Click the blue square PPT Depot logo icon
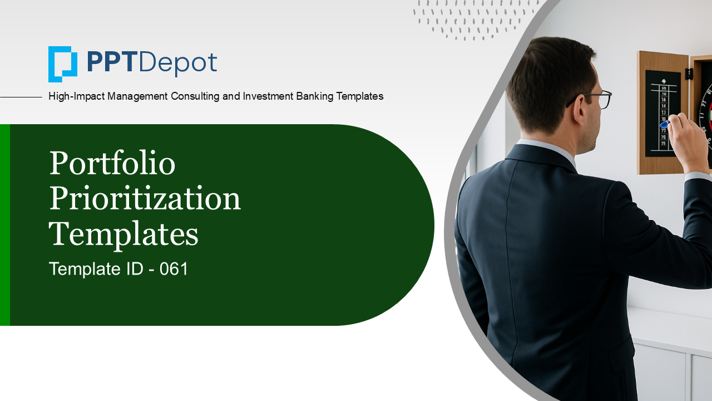click(63, 64)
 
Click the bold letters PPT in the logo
click(110, 62)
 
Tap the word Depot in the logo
click(177, 64)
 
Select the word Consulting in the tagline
click(195, 96)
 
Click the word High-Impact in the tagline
click(76, 96)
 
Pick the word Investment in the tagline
click(268, 96)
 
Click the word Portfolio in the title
click(112, 163)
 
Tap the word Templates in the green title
click(123, 235)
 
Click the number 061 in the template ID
click(174, 269)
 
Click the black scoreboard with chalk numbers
click(662, 114)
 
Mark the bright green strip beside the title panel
click(5, 224)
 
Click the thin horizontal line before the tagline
click(21, 97)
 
